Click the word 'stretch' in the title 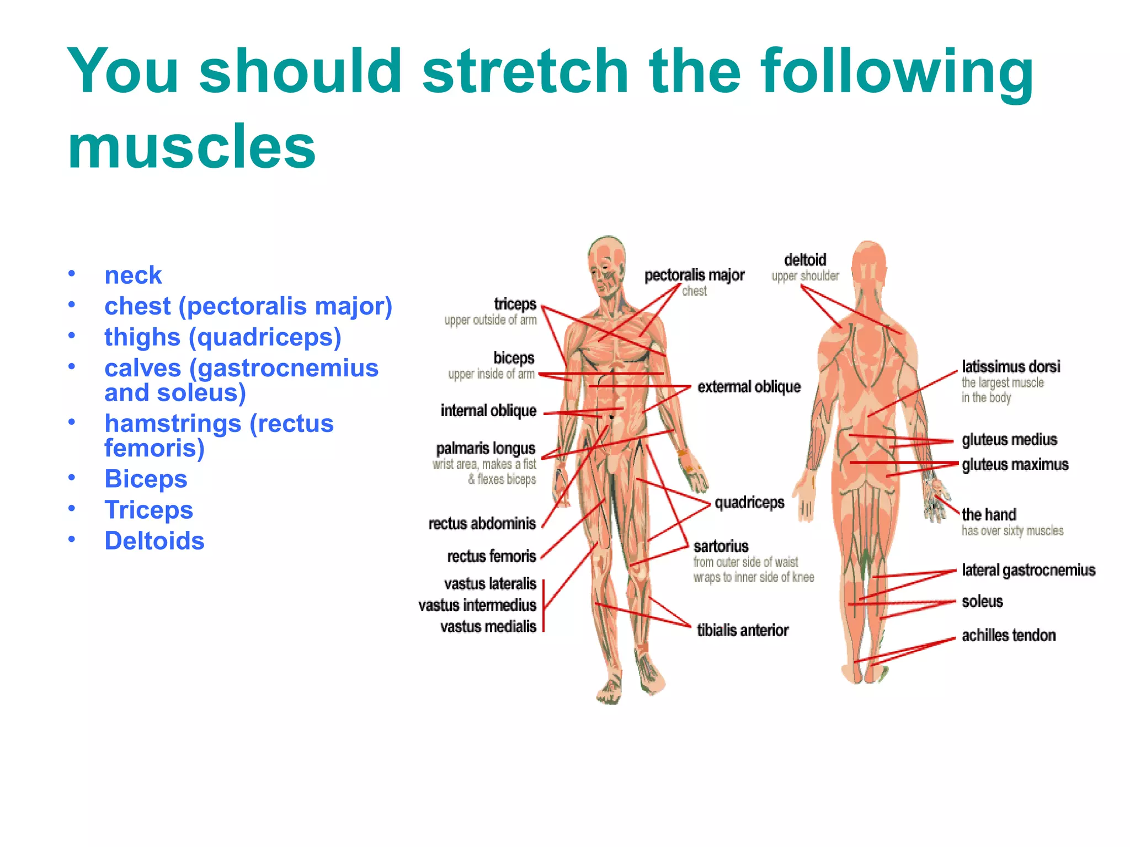point(525,72)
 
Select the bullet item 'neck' point(133,275)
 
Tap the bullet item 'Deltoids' point(154,541)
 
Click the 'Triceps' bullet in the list point(149,510)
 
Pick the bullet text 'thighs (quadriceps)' point(223,337)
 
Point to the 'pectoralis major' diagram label point(694,275)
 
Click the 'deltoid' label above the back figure point(805,260)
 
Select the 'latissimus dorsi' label point(1011,367)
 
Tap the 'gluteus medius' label point(1009,440)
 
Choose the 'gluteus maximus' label point(1015,465)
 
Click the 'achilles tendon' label point(1009,636)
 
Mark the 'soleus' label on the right point(982,601)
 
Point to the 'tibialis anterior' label point(743,630)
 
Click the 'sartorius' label point(721,546)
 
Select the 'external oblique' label point(749,387)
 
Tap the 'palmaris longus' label point(486,448)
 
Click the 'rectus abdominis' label point(482,524)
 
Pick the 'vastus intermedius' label point(477,605)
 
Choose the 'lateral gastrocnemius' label point(1028,570)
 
